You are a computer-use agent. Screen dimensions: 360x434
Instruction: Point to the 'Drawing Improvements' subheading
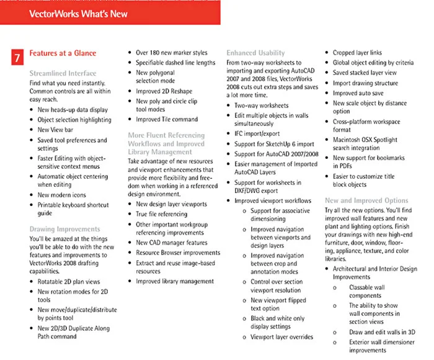tap(64, 230)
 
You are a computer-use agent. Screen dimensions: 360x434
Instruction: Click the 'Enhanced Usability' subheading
tap(255, 53)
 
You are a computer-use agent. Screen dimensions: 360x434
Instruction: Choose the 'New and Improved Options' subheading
tap(366, 200)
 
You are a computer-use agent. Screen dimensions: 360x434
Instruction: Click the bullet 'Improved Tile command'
tap(167, 120)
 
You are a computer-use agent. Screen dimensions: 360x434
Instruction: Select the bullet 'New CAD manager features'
tap(172, 243)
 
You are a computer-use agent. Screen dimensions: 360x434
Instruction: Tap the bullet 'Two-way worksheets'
tap(261, 106)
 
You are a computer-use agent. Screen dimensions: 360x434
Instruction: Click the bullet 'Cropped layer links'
tap(357, 53)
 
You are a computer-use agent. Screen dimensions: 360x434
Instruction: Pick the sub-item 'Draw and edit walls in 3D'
tap(382, 332)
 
